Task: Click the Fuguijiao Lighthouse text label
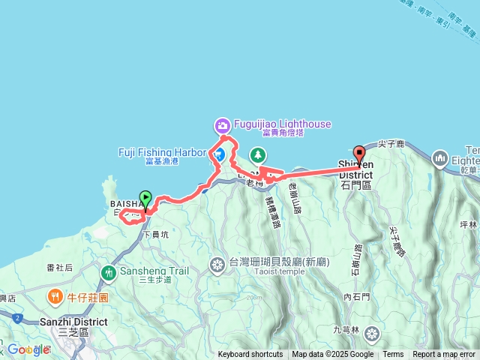click(283, 124)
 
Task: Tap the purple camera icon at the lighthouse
click(222, 124)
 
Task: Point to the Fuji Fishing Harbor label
click(161, 152)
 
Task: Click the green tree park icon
click(258, 154)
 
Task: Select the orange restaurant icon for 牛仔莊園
click(55, 298)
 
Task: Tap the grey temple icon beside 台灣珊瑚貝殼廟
click(217, 264)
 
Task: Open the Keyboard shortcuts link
click(250, 355)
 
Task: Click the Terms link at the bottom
click(393, 355)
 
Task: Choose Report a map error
click(444, 355)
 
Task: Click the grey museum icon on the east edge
click(439, 159)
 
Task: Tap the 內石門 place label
click(357, 297)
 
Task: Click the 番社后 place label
click(59, 268)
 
